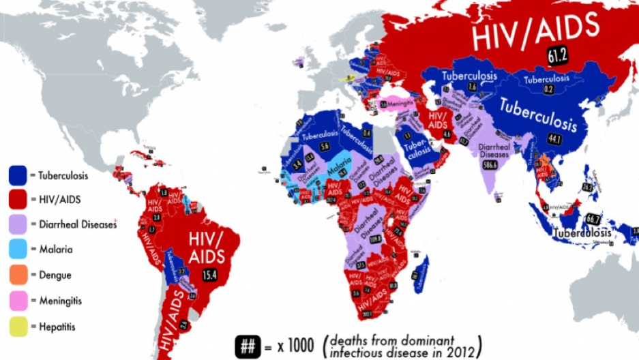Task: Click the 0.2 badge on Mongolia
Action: [x=548, y=89]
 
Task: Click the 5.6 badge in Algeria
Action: [x=325, y=147]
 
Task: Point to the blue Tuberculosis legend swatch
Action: [x=18, y=175]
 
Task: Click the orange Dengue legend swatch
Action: [x=18, y=275]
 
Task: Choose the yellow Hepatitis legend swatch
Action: [x=18, y=327]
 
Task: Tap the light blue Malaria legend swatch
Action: [x=18, y=250]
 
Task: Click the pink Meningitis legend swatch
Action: [x=18, y=301]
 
